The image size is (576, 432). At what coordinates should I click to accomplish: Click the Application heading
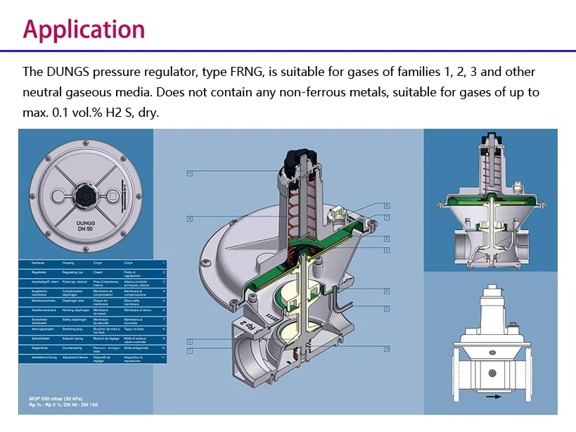click(84, 29)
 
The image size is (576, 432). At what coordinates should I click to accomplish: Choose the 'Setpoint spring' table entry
click(70, 338)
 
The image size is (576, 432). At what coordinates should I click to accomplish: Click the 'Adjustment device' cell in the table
click(72, 357)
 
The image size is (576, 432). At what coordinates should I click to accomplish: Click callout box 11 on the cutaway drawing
click(190, 173)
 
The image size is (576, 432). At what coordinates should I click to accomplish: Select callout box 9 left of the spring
click(190, 219)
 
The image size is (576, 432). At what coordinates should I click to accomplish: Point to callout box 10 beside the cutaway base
click(387, 348)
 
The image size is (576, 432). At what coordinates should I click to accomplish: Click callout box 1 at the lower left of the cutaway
click(190, 350)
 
